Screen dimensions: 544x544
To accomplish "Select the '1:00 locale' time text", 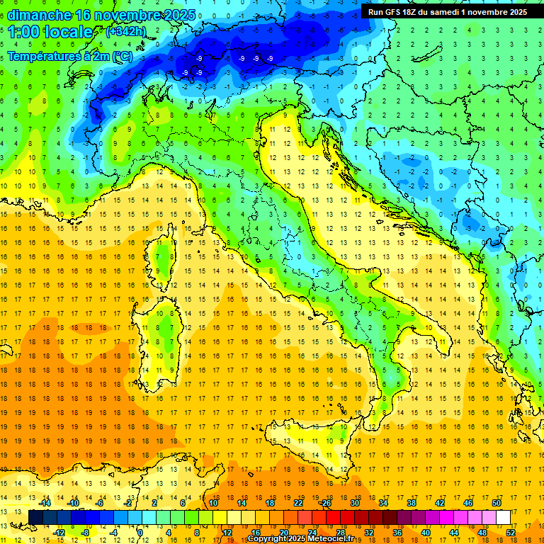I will (x=50, y=33).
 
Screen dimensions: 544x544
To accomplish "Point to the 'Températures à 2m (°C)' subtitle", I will (x=69, y=56).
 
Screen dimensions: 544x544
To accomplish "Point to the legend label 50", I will (x=497, y=503).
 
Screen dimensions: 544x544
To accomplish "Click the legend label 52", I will (x=511, y=533).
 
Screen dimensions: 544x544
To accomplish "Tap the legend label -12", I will (x=59, y=533).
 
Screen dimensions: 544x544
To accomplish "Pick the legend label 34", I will (x=383, y=503).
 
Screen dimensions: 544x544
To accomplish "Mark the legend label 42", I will (x=440, y=503).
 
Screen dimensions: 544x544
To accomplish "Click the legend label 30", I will (x=355, y=503).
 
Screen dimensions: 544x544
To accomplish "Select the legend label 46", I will (x=468, y=503).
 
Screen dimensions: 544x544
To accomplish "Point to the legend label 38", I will (x=412, y=503).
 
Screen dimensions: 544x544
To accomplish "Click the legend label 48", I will (x=482, y=533).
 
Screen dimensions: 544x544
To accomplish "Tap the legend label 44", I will (x=454, y=533).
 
